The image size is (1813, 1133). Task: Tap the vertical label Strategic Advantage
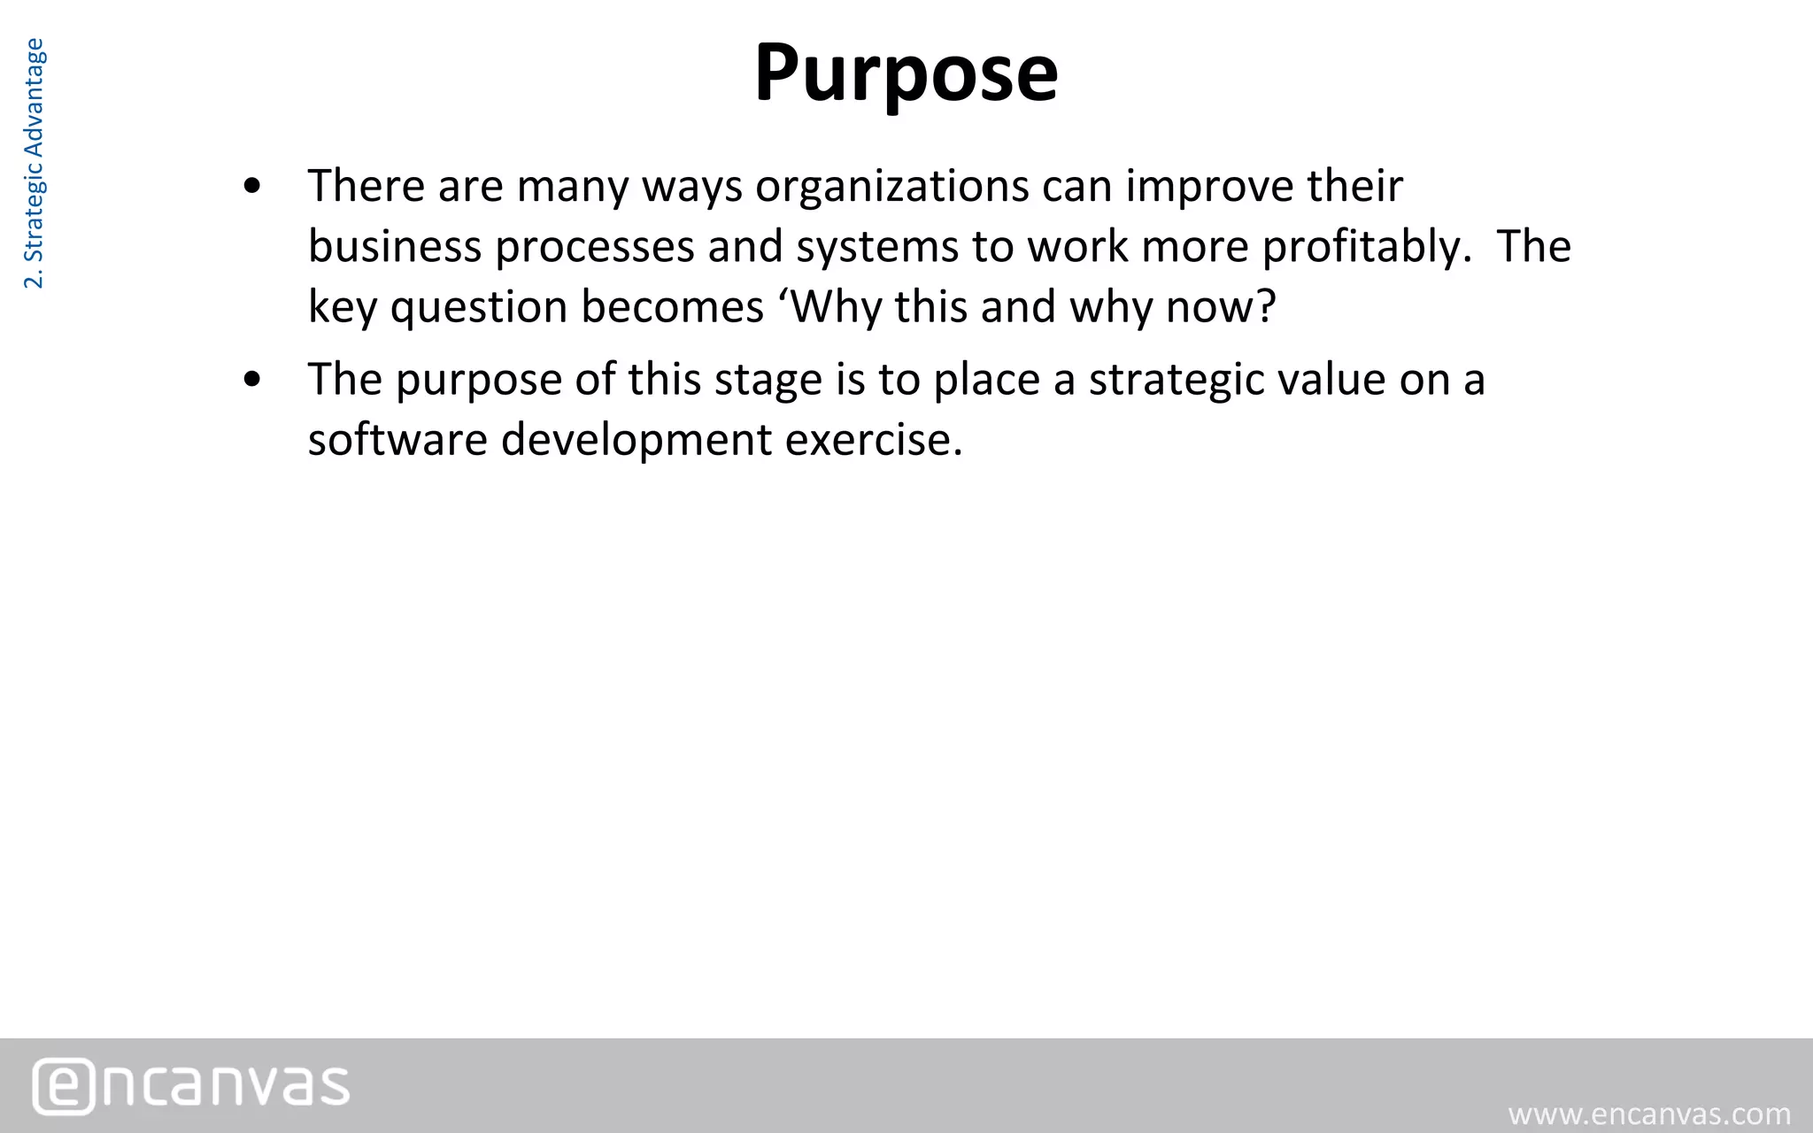tap(34, 164)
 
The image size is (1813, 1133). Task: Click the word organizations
tap(891, 187)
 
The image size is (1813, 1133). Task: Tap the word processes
tap(594, 247)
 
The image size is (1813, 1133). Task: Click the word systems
tap(876, 247)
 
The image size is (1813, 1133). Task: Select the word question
tap(478, 308)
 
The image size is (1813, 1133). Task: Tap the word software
tap(397, 439)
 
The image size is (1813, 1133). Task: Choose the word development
tap(636, 440)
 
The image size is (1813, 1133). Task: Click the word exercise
tap(873, 439)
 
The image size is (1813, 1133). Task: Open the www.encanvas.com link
tap(1649, 1114)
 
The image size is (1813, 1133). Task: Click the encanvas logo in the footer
tap(191, 1085)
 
